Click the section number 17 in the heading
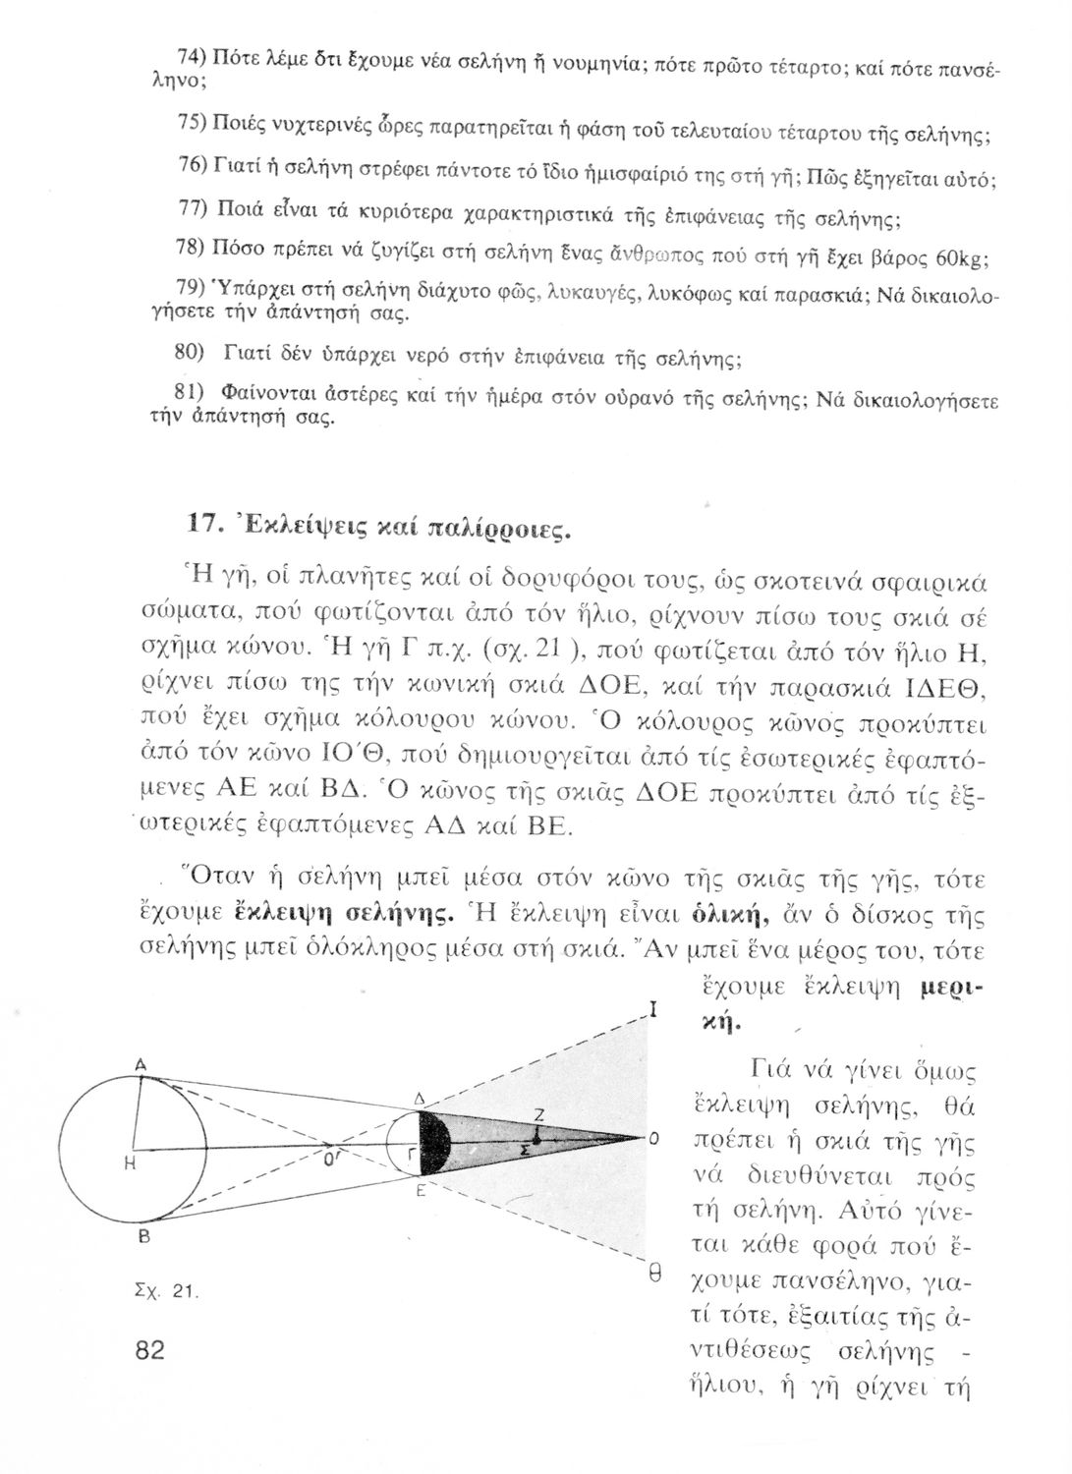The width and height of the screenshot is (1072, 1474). (200, 523)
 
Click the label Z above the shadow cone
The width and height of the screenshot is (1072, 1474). (538, 1113)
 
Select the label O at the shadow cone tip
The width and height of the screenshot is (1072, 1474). (652, 1140)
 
